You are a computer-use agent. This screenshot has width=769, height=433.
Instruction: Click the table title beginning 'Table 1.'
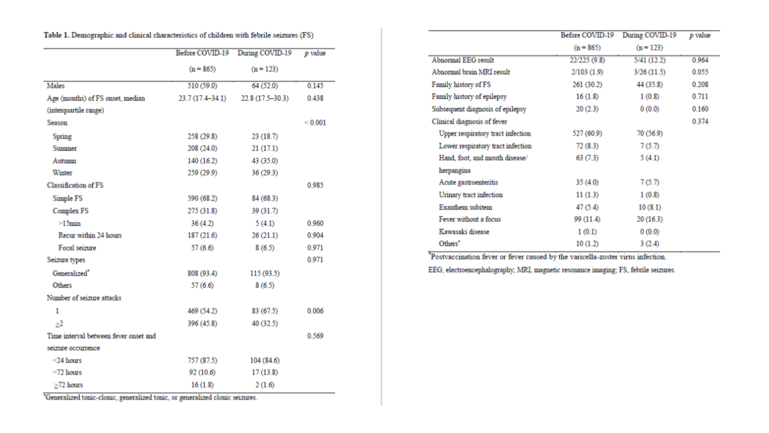(x=179, y=35)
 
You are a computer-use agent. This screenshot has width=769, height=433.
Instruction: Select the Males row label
(x=56, y=86)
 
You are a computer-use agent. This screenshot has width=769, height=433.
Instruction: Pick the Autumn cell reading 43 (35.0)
(x=264, y=161)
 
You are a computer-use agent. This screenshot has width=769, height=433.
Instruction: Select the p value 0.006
(x=315, y=310)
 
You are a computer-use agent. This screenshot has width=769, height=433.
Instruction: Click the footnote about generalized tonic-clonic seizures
(x=151, y=398)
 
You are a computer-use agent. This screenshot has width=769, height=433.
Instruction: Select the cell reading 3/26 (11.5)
(x=649, y=73)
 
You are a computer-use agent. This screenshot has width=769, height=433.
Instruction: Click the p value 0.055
(x=700, y=73)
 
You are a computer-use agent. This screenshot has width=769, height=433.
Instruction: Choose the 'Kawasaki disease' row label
(x=464, y=232)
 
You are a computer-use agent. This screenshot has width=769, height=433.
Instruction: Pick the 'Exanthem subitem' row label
(x=466, y=207)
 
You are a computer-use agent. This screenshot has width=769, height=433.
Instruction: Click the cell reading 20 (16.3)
(x=649, y=220)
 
